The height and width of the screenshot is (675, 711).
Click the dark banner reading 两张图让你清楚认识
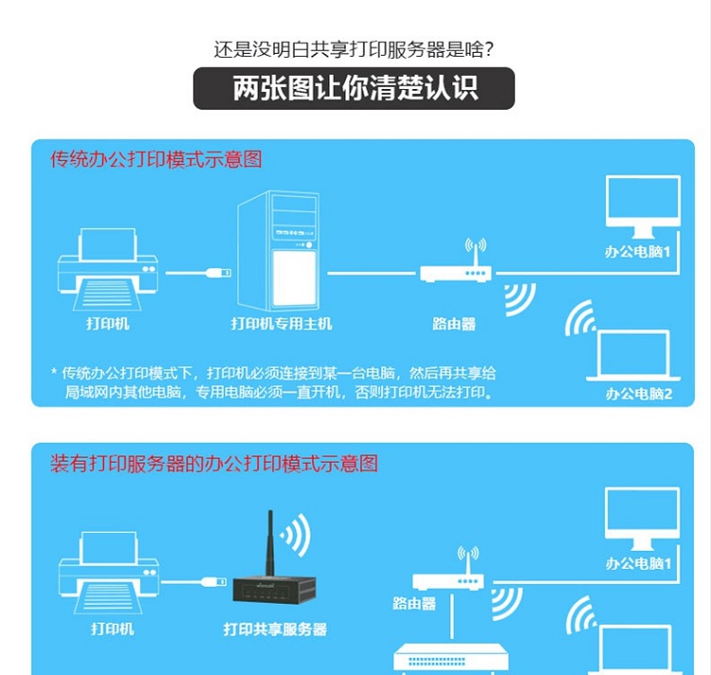354,88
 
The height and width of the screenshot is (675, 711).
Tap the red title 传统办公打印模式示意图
156,159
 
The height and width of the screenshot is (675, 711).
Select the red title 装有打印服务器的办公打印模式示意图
214,464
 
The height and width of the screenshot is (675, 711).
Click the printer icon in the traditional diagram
108,269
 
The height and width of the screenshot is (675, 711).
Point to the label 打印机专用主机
282,323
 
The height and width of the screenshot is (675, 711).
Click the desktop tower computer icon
278,250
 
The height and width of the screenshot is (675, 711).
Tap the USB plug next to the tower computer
219,272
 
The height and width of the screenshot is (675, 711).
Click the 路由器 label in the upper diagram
454,323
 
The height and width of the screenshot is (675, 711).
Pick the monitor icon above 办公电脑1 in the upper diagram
643,207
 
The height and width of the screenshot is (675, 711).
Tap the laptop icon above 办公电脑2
633,356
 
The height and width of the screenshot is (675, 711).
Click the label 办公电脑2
638,393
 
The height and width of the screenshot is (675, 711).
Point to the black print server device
274,590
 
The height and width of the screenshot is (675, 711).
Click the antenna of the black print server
270,543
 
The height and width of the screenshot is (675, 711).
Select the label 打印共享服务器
275,629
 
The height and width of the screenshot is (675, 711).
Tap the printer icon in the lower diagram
109,573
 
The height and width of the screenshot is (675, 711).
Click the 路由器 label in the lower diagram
414,603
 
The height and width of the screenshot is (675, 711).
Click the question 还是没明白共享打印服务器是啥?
354,49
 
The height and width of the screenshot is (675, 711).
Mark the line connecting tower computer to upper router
372,273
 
